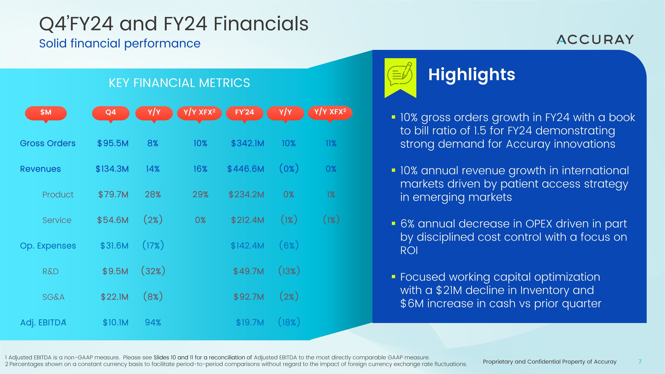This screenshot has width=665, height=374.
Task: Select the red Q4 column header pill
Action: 110,113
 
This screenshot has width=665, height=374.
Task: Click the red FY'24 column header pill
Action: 244,113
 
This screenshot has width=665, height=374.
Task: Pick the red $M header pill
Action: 46,113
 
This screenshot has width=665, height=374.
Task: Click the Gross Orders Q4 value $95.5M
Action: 113,143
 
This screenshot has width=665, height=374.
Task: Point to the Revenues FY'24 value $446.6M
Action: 246,169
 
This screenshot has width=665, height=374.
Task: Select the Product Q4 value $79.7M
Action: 113,194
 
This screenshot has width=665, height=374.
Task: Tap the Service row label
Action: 57,220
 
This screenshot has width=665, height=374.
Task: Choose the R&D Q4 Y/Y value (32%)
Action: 153,271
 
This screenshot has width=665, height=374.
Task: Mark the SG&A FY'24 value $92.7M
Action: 249,297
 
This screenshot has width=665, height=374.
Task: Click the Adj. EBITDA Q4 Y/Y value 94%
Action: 153,322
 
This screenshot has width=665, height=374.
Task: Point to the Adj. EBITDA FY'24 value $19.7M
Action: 250,322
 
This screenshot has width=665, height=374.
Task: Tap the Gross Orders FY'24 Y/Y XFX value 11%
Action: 331,143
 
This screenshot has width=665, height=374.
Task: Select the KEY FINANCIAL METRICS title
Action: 179,83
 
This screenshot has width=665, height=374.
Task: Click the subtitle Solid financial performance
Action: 120,43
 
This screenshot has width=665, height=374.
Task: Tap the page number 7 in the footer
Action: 640,362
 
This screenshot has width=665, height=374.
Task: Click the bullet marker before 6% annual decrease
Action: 393,223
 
